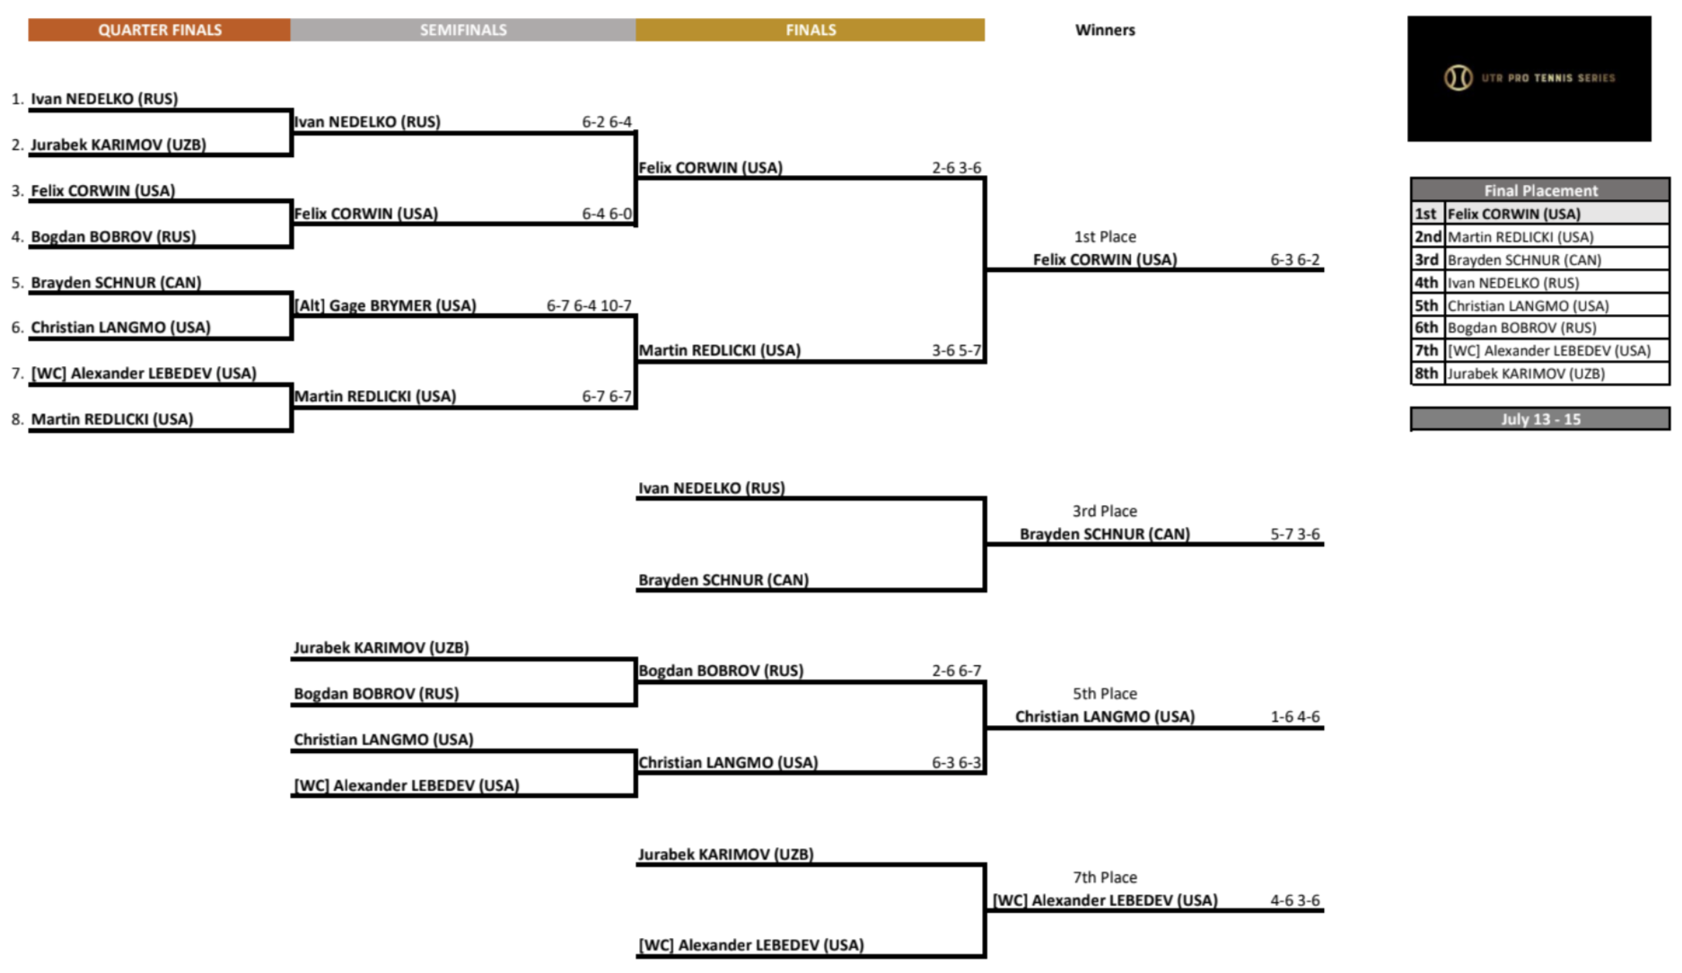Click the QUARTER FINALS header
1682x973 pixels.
159,30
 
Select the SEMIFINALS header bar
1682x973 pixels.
462,30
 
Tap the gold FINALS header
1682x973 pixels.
810,30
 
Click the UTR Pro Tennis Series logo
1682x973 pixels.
1529,78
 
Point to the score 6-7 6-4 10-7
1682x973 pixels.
589,305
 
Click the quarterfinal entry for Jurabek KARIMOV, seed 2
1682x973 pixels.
118,145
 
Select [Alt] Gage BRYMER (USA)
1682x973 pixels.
385,305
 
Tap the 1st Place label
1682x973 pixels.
1105,237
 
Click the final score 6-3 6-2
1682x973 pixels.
1294,259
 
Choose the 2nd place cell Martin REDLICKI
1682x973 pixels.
1520,237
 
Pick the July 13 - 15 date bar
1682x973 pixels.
1540,419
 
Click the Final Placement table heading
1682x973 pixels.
1540,190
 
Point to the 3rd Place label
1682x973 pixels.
1105,511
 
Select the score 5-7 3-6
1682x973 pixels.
1294,534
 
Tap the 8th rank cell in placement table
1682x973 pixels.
1426,373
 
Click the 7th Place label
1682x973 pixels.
1105,877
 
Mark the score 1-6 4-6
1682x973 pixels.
1294,716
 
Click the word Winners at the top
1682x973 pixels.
1105,30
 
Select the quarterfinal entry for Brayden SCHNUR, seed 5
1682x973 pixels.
116,282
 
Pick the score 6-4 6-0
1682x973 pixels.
606,214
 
